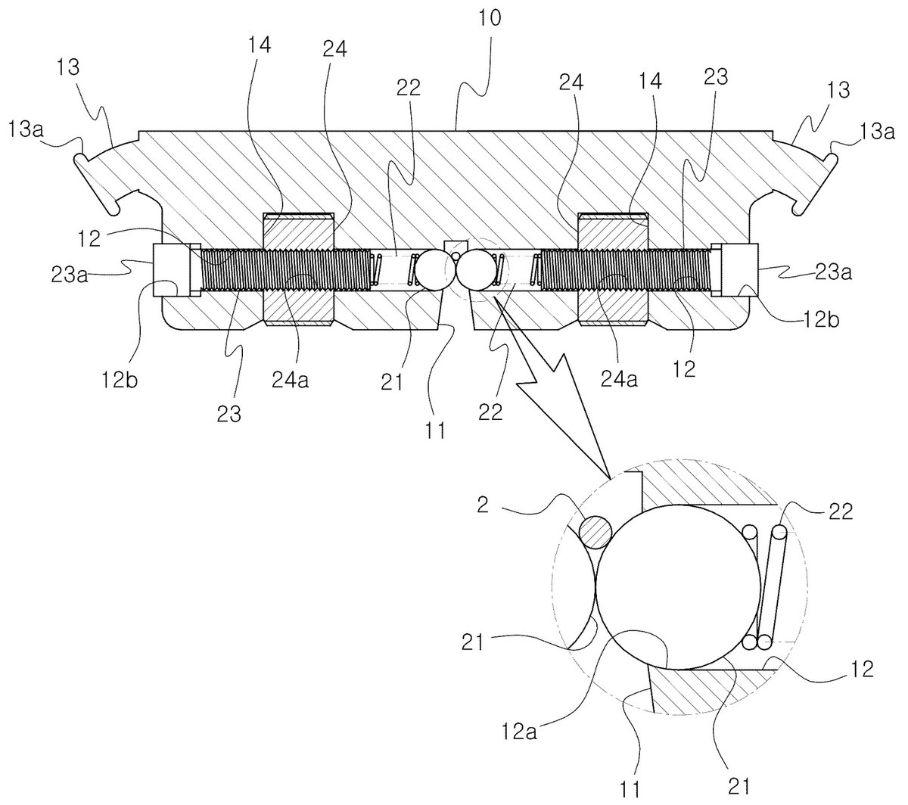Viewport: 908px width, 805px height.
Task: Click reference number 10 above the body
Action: tap(490, 18)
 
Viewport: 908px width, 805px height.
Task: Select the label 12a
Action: tap(519, 732)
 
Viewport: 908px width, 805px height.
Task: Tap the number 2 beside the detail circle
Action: tap(482, 505)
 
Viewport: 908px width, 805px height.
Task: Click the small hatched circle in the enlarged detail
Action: tap(595, 532)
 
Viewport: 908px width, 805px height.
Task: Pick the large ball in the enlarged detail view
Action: tap(678, 586)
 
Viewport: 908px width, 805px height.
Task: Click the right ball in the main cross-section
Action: tap(477, 271)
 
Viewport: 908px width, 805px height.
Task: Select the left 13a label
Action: tap(26, 130)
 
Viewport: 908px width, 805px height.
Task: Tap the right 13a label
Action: tap(877, 132)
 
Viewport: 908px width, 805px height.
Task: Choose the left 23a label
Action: tap(69, 275)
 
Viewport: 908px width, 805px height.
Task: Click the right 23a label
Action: tap(833, 272)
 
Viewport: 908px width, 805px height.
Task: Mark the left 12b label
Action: tap(120, 381)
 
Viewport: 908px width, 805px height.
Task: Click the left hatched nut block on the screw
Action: tap(298, 270)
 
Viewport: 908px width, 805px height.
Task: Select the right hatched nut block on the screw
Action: tap(613, 270)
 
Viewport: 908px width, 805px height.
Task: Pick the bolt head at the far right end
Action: tap(735, 270)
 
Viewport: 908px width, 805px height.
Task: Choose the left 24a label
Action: tap(290, 381)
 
